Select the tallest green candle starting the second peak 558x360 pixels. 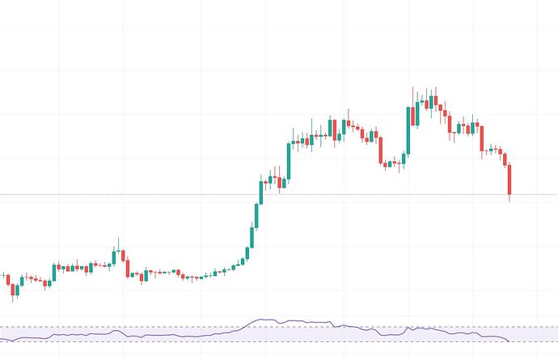408,129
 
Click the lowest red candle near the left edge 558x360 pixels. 14,290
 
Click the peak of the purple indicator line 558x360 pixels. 263,320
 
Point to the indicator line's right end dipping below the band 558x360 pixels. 508,341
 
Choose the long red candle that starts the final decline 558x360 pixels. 482,138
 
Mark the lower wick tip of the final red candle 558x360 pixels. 509,201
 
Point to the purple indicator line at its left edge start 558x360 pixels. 2,336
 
